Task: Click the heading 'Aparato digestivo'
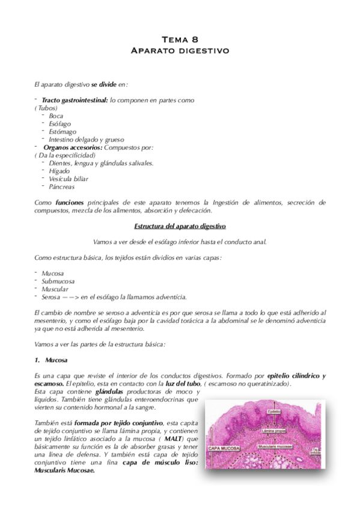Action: click(x=180, y=51)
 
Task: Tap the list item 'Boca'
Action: click(x=56, y=115)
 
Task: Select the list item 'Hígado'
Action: click(x=59, y=171)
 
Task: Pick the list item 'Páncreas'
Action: click(x=62, y=186)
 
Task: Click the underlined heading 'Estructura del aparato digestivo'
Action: click(x=180, y=226)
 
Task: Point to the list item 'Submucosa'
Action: click(x=58, y=281)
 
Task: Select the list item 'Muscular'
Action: click(x=55, y=289)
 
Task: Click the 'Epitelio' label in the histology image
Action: click(x=275, y=411)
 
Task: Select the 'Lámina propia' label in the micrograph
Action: click(x=272, y=431)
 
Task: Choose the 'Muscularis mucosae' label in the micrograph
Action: click(x=275, y=447)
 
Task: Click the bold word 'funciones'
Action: click(x=69, y=203)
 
